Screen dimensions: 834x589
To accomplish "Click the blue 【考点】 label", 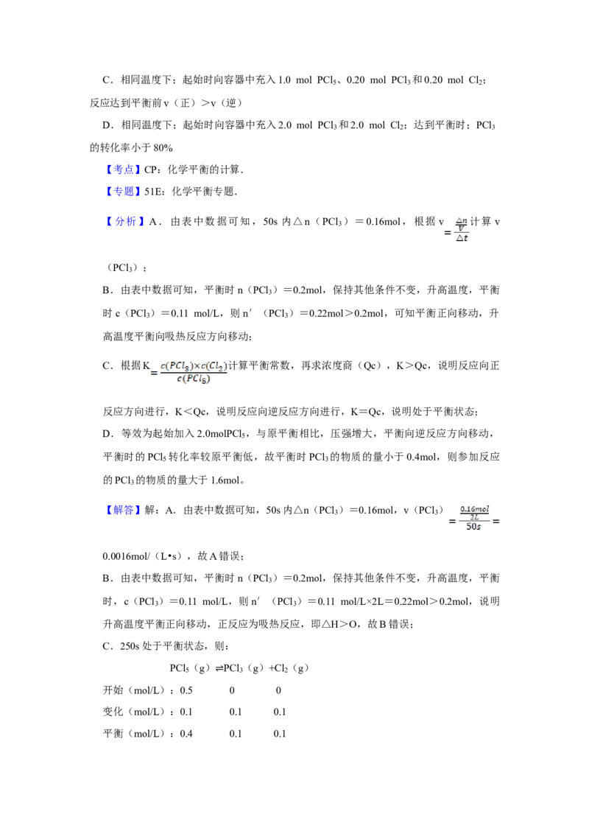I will (x=123, y=169).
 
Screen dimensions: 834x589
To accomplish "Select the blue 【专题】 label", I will (x=123, y=192).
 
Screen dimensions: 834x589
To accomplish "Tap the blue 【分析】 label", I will (x=126, y=221).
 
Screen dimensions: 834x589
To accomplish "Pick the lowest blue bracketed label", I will (x=123, y=510).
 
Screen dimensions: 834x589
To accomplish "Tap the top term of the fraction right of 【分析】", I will (x=462, y=221).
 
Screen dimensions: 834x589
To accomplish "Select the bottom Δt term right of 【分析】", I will (x=462, y=238).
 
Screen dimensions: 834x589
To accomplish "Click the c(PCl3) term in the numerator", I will (x=174, y=365).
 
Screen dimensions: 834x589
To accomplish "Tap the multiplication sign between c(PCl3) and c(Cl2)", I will (x=195, y=365).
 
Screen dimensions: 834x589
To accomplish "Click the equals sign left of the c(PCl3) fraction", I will (x=152, y=373).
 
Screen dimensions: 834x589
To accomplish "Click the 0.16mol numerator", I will (x=476, y=508).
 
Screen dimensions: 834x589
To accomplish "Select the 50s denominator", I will (x=473, y=528).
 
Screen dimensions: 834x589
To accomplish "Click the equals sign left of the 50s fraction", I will (x=454, y=522).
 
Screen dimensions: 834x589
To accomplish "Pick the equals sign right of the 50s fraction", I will (x=494, y=522).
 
